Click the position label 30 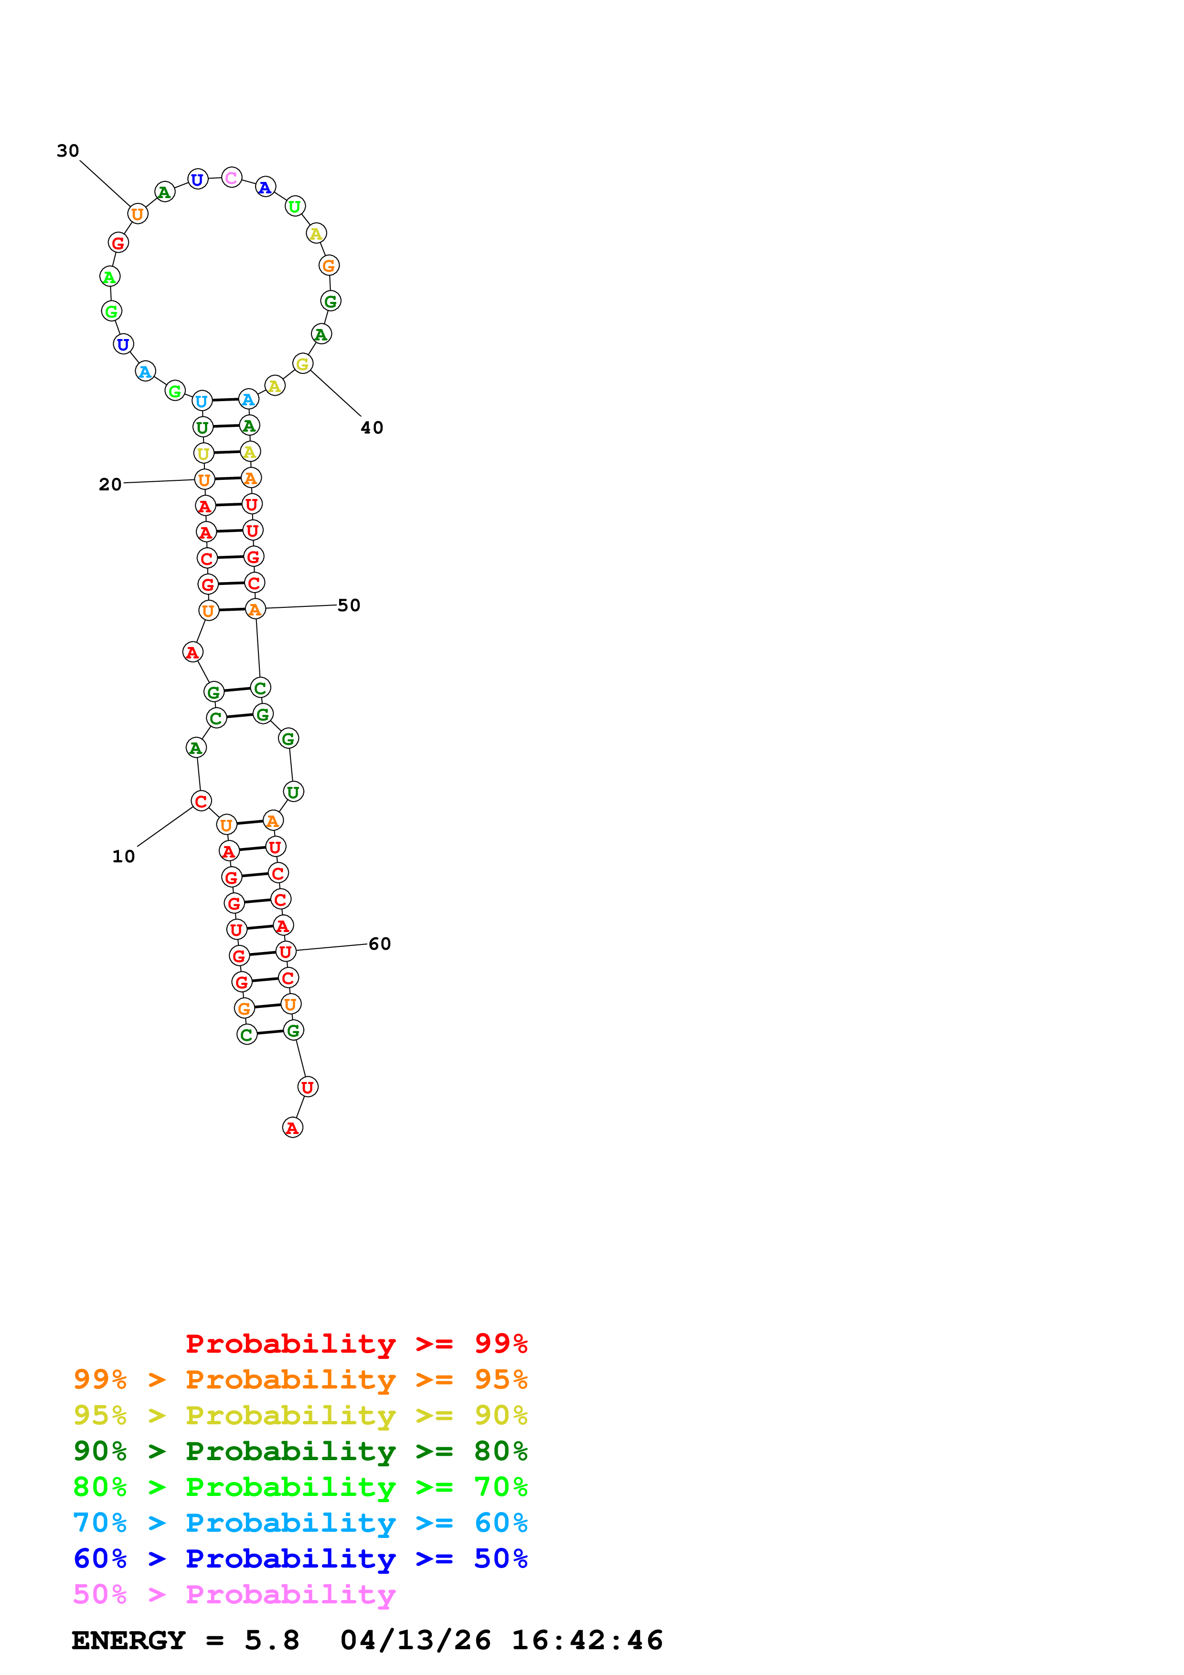68,151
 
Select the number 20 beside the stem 110,485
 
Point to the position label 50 349,605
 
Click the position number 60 379,944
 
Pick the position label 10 123,857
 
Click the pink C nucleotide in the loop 231,177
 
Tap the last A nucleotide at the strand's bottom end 292,1128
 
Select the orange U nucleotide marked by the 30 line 137,214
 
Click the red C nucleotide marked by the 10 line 202,801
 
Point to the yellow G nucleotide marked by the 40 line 302,363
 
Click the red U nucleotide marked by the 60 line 285,951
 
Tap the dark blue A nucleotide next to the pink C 266,188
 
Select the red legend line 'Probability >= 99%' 356,1344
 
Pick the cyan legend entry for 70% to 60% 300,1523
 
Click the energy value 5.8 272,1640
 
